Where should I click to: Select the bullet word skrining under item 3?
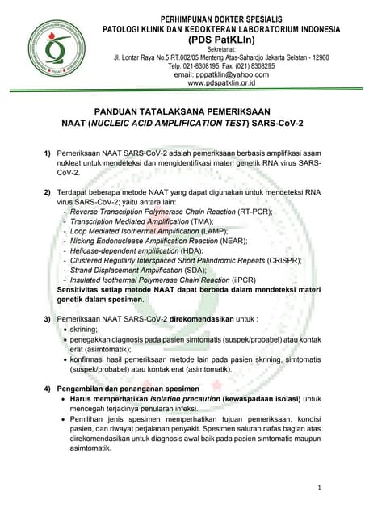[x=86, y=330]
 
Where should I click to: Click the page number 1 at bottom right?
[x=319, y=488]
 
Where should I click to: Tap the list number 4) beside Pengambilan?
[x=48, y=389]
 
